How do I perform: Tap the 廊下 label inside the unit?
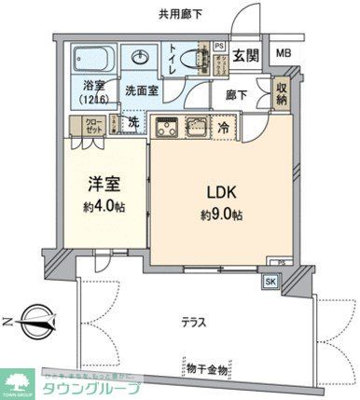(x=236, y=94)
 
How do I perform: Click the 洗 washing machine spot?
(x=133, y=122)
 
